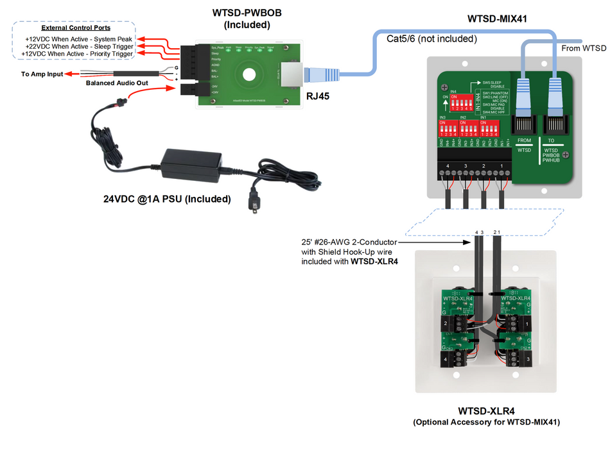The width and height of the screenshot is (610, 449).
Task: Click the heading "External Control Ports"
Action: [76, 28]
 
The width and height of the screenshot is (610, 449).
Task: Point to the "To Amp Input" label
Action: [42, 74]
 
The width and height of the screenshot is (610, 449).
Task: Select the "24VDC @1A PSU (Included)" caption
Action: [167, 199]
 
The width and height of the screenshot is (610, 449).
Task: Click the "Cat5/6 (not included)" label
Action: [431, 39]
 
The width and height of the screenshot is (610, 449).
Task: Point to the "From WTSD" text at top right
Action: [583, 48]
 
